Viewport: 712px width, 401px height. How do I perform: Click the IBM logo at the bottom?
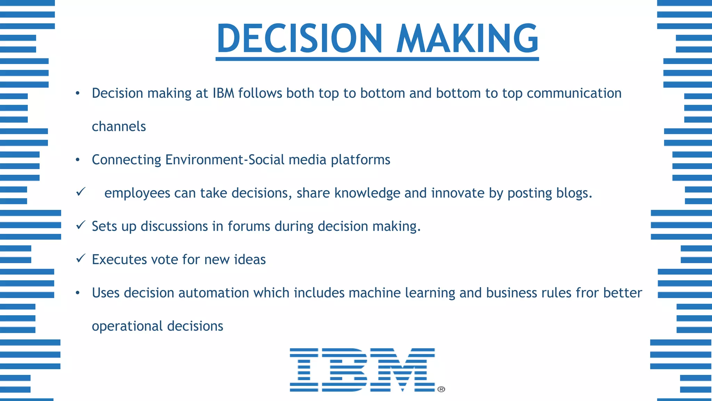[362, 370]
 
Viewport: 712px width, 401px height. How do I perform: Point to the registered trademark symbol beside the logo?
[441, 389]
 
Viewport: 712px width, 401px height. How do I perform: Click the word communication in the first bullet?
[574, 93]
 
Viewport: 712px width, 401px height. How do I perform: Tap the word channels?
[119, 126]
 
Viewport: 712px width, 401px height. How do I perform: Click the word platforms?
[361, 160]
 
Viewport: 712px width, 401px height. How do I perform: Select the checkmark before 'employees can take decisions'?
[81, 191]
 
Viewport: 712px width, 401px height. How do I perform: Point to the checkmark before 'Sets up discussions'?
[81, 225]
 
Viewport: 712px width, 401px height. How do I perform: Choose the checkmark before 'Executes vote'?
[81, 258]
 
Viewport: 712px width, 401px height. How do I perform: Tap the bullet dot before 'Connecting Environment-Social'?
[78, 160]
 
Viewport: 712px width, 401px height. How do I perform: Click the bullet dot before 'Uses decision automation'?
[78, 293]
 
